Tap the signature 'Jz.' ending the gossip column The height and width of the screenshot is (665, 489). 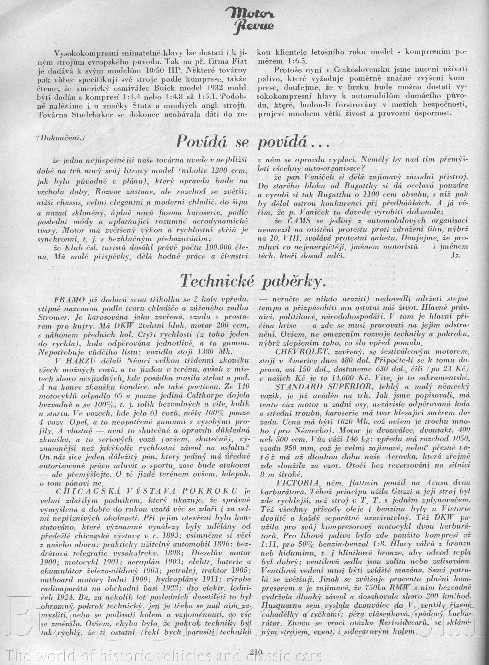click(457, 256)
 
